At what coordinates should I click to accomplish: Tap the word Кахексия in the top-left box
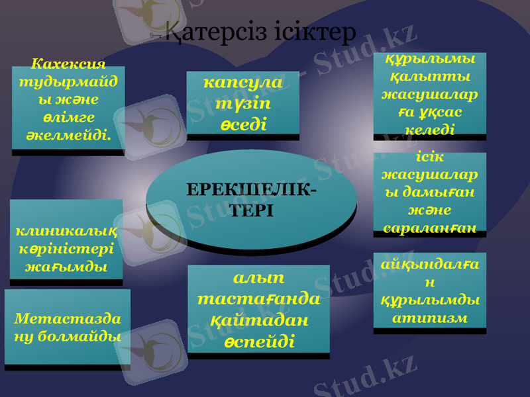tap(69, 64)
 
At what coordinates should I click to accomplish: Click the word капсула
tap(243, 83)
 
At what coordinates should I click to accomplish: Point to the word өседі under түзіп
tap(243, 123)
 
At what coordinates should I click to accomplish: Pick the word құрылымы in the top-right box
tap(429, 58)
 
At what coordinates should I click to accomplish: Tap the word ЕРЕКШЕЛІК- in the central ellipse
tap(251, 191)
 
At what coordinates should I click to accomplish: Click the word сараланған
tap(429, 228)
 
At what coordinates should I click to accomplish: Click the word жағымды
tap(66, 268)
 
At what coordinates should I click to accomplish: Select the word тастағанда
tap(258, 298)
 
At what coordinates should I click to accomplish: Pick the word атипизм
tap(429, 318)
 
